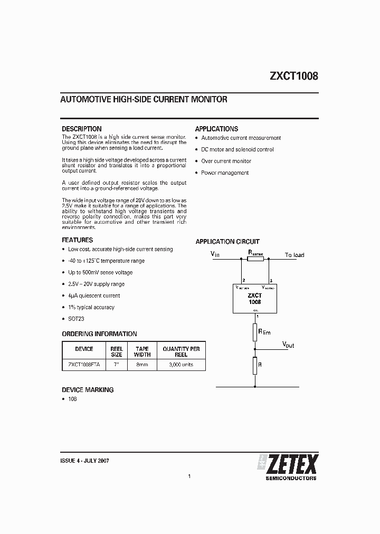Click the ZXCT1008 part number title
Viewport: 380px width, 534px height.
(294, 76)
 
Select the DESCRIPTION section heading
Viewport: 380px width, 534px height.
(81, 129)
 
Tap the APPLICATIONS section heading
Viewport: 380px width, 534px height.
(216, 129)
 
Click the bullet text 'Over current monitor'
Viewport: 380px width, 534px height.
(226, 161)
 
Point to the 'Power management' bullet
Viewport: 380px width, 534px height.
(225, 173)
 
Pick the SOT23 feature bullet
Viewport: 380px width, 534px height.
(77, 319)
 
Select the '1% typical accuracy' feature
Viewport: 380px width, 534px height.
(91, 307)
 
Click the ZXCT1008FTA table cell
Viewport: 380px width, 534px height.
(84, 365)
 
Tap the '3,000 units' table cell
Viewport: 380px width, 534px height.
(181, 365)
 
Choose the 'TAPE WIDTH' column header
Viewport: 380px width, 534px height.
(142, 352)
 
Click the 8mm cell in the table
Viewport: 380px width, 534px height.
(142, 365)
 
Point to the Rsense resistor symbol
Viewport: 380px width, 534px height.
(255, 259)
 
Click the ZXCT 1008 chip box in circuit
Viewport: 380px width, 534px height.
(255, 299)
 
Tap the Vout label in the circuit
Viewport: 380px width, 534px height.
(288, 345)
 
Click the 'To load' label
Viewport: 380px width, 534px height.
(294, 255)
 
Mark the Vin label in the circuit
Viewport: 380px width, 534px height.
(215, 254)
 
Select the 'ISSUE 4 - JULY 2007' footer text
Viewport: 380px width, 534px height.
(85, 460)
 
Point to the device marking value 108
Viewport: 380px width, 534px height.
(72, 399)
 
